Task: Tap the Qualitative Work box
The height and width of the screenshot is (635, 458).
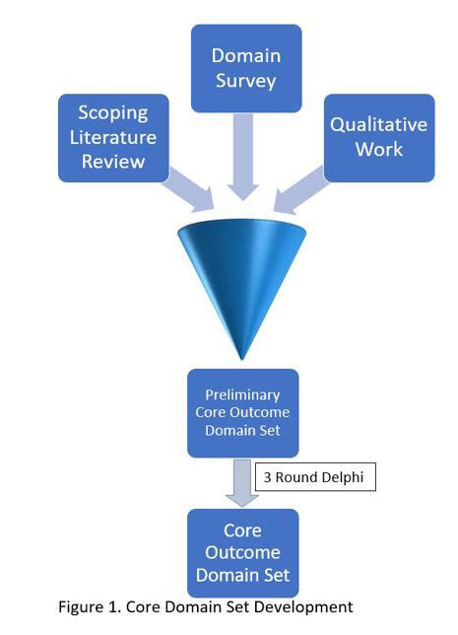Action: (379, 137)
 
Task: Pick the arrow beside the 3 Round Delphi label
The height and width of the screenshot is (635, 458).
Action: (241, 480)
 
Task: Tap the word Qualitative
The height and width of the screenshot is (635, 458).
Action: (379, 125)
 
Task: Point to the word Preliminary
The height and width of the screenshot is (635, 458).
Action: (241, 394)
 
